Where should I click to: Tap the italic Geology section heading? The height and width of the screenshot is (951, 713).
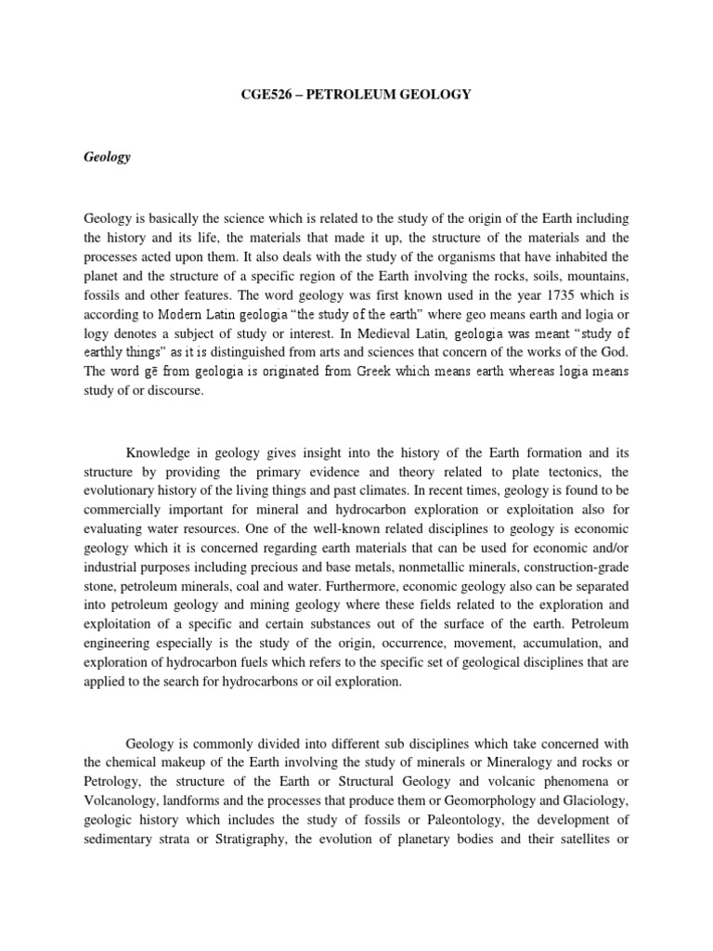point(107,157)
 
